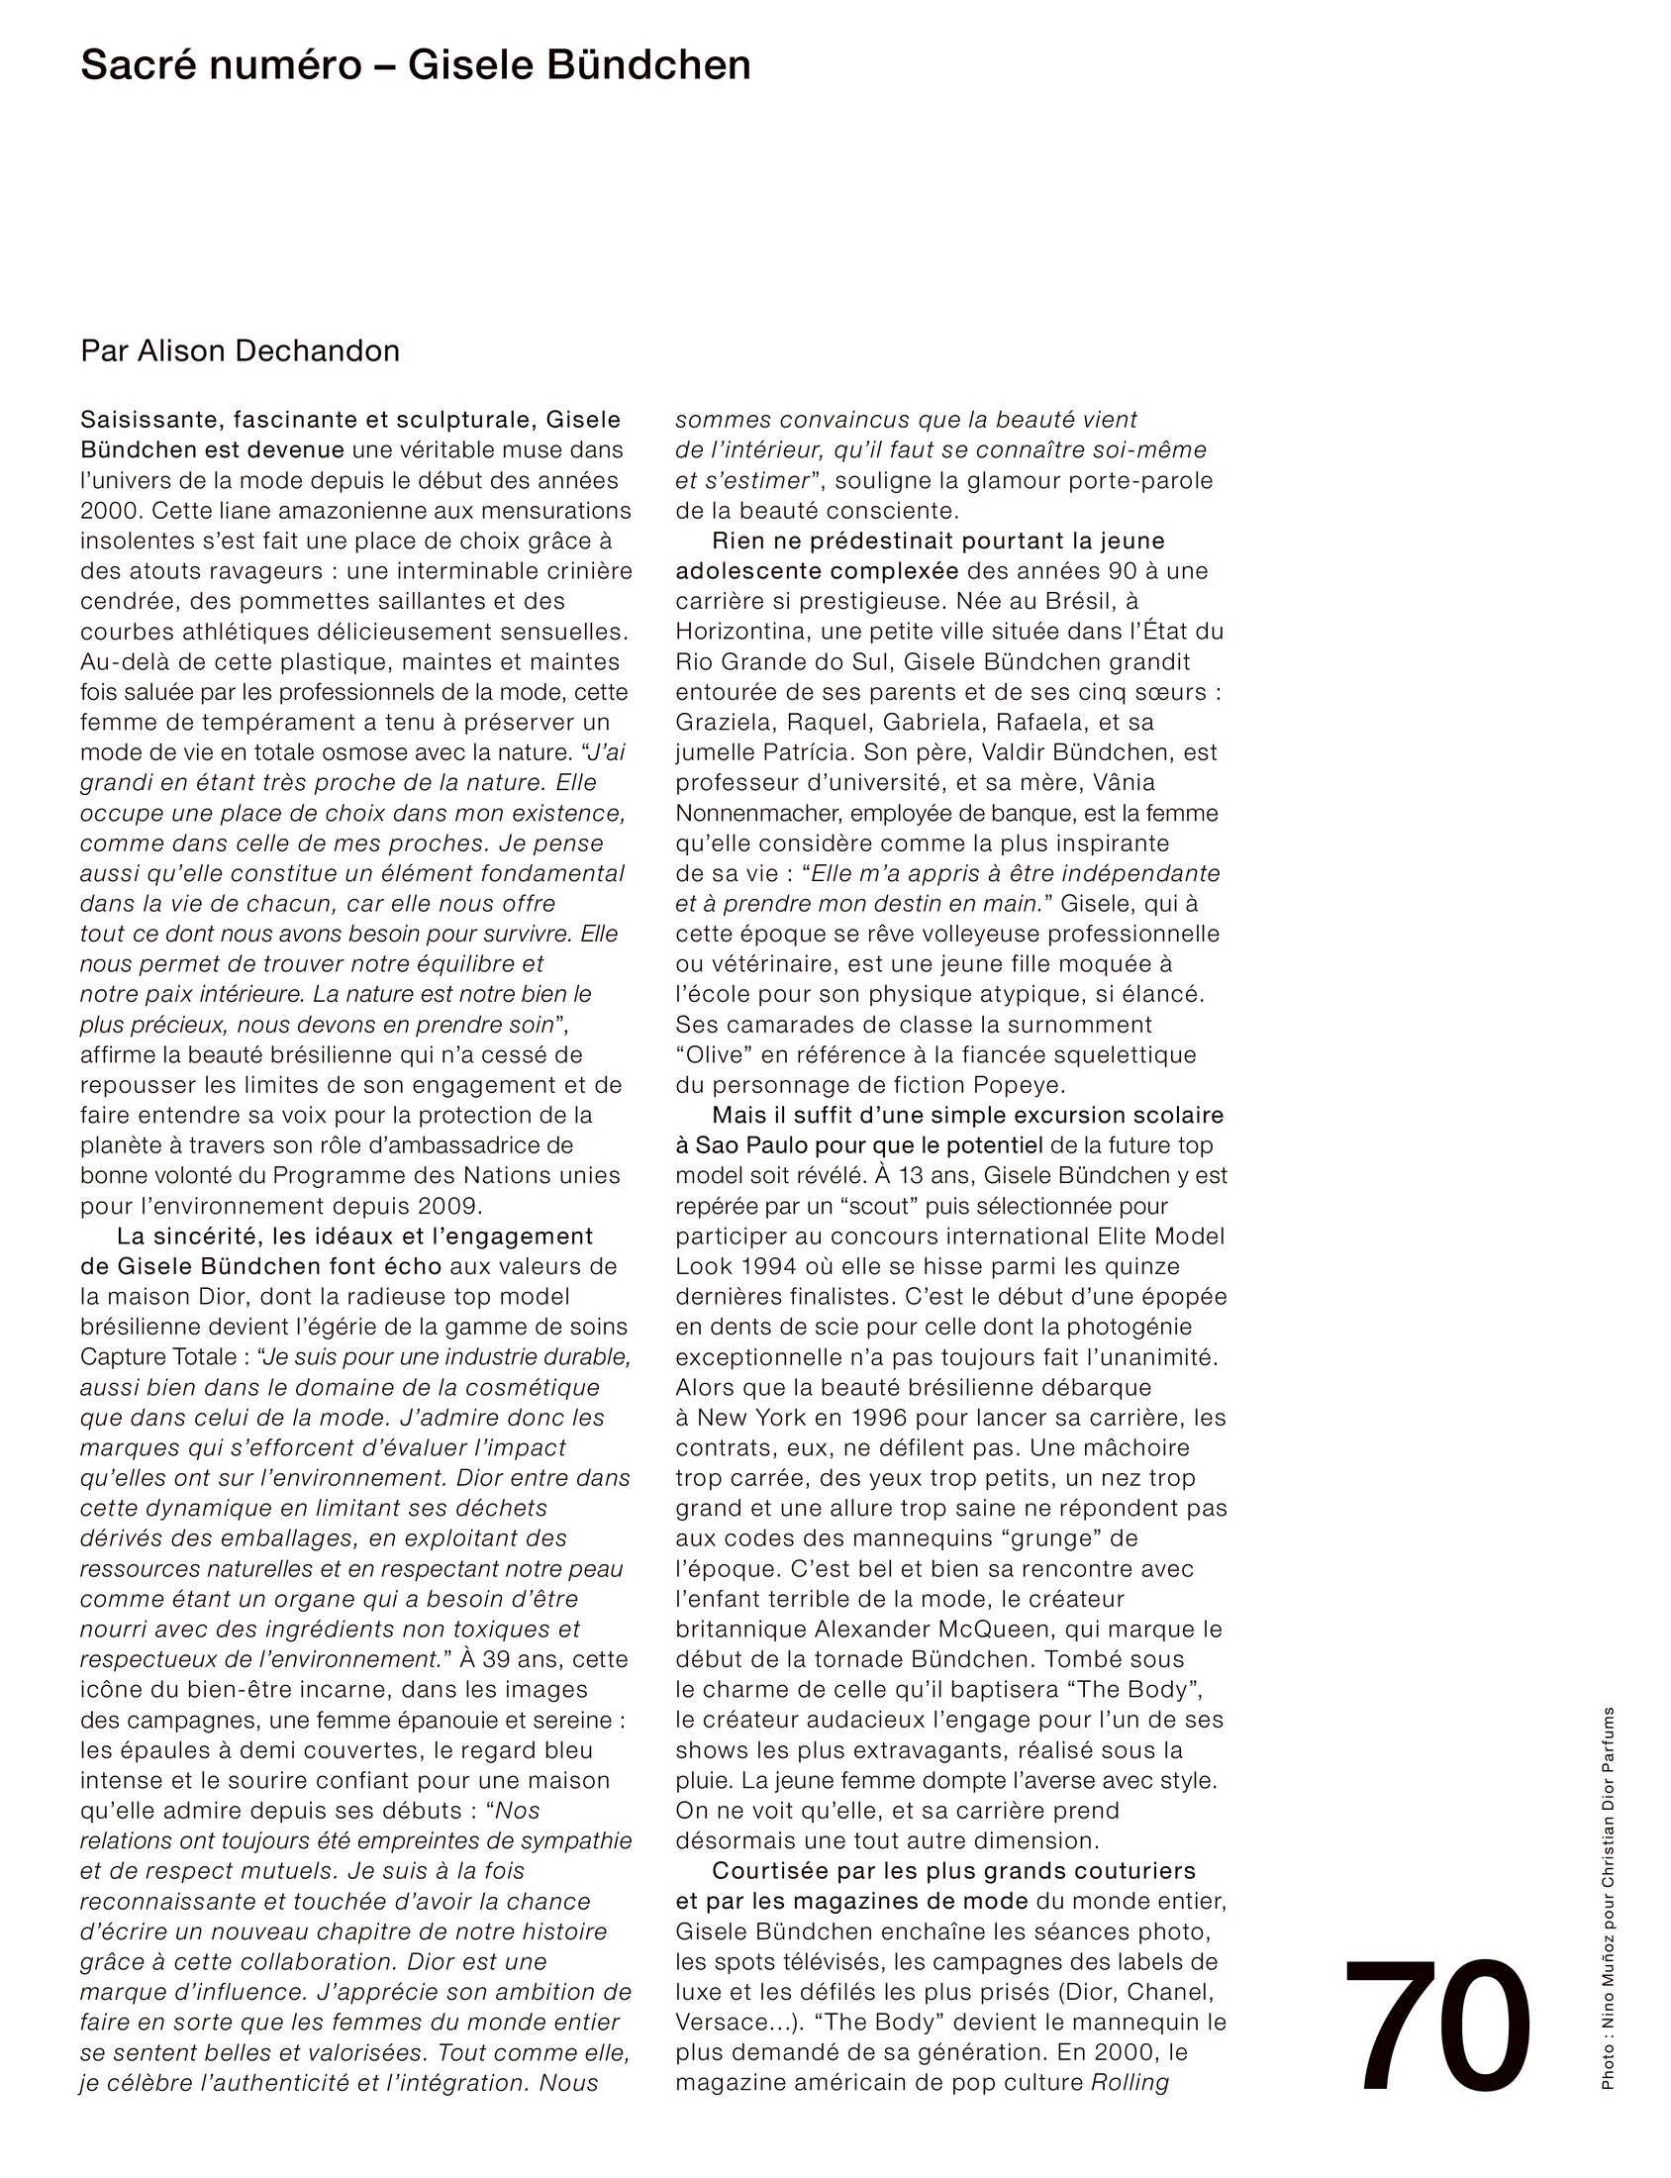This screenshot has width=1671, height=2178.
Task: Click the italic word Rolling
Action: [1130, 2083]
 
